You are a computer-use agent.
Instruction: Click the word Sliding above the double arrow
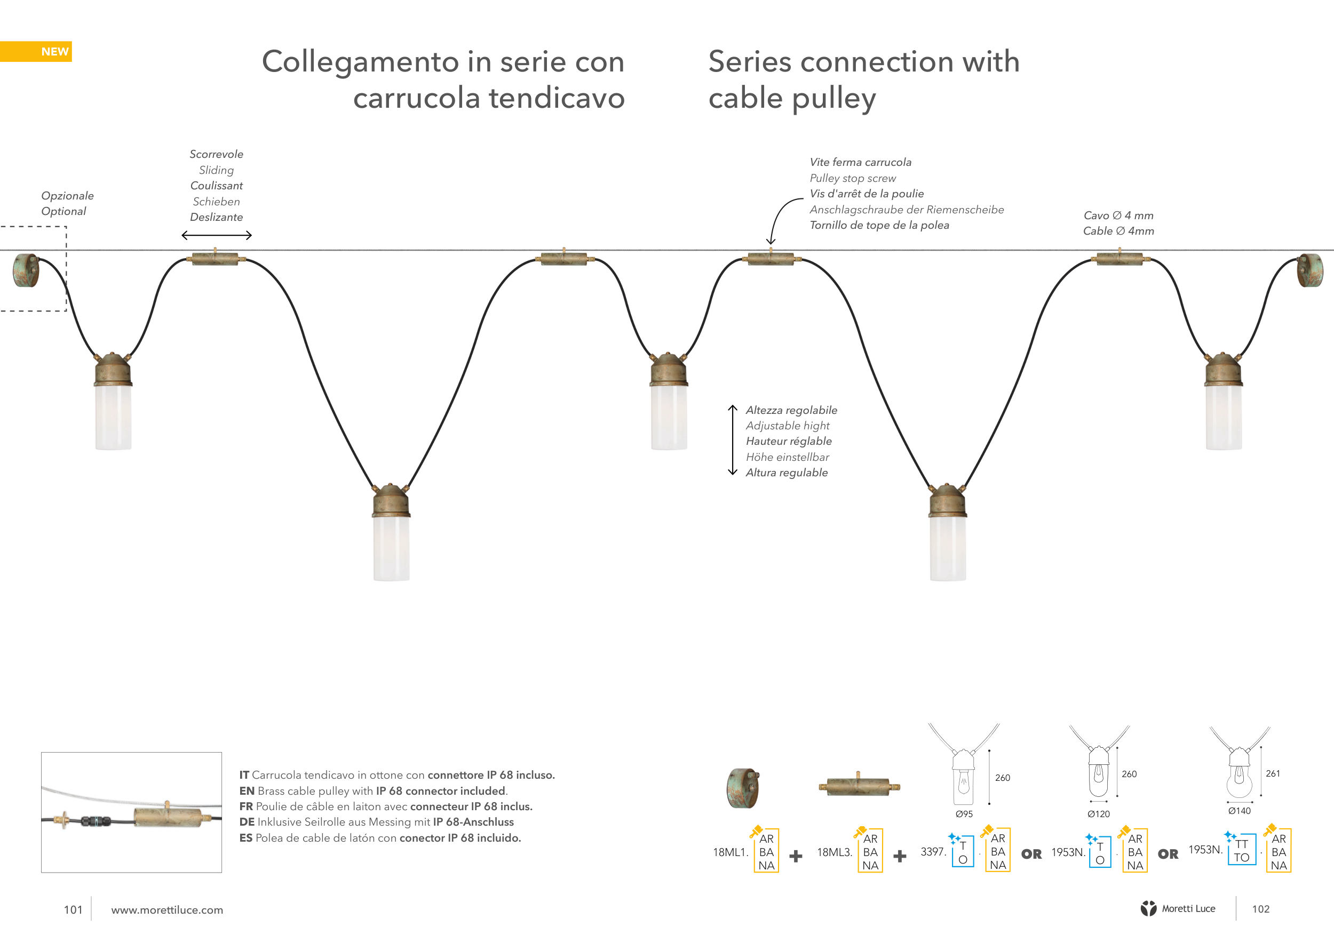pos(216,170)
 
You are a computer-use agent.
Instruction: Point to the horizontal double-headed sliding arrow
pos(216,235)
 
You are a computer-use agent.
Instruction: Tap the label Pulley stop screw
pos(852,178)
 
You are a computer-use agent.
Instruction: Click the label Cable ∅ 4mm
pos(1118,231)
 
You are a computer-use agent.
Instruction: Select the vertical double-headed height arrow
pos(733,440)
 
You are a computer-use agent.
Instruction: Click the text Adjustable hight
pos(787,426)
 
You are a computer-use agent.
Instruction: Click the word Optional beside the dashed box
pos(63,211)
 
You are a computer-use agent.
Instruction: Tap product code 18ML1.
pos(730,852)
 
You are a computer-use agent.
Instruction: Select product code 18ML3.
pos(833,852)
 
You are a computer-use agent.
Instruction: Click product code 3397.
pos(933,851)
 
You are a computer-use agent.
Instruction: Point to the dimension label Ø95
pos(964,813)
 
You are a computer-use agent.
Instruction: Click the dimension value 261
pos(1273,773)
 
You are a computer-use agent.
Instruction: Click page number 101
pos(73,909)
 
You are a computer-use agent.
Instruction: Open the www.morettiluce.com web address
pos(166,910)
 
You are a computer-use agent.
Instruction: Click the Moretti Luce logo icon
pos(1148,908)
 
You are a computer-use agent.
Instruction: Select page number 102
pos(1260,909)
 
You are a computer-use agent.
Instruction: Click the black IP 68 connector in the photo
pos(96,821)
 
